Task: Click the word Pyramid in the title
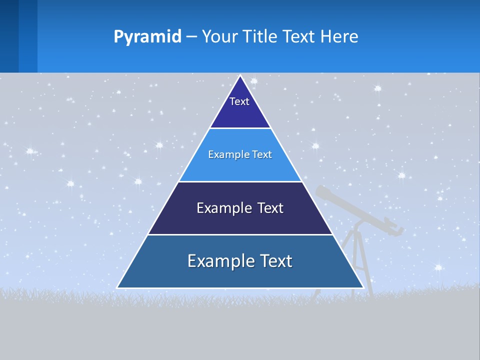click(147, 36)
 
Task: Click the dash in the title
click(191, 37)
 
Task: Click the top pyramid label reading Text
click(239, 101)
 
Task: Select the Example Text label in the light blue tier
click(240, 154)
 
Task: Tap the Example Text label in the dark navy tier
click(240, 208)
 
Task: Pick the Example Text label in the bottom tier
click(240, 261)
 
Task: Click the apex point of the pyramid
click(240, 76)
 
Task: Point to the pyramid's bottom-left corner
click(118, 287)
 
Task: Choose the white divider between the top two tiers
click(240, 128)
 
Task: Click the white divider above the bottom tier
click(240, 234)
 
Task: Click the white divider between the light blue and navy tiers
click(240, 181)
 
